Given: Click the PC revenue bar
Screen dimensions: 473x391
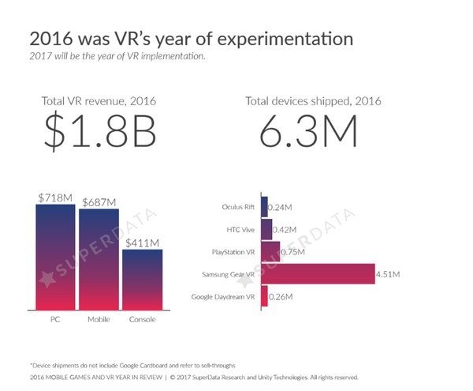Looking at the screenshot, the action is pos(55,258).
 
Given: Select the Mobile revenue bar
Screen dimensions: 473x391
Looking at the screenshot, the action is pos(99,259).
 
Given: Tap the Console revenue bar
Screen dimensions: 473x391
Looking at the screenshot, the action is pos(143,280).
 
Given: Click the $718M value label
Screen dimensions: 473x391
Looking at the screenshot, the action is pos(55,198).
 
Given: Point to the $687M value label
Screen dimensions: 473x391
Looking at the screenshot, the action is pos(99,202).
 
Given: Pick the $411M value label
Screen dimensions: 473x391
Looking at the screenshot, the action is pos(143,243).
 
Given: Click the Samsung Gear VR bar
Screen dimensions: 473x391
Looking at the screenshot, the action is pos(318,274).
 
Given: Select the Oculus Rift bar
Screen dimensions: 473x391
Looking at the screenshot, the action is pos(265,207).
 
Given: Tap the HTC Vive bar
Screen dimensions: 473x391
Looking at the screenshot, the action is pos(266,229).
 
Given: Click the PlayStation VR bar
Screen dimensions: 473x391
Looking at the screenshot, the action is pos(270,252).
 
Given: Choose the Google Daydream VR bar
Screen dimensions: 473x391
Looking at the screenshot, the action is pos(265,296).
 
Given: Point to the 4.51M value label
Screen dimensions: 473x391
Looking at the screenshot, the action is pos(388,274).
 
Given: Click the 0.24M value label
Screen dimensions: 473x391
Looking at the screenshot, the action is pos(280,207).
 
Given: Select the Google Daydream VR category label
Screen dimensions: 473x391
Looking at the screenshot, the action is pos(223,297).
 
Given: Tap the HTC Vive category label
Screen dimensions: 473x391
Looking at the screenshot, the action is pos(240,230).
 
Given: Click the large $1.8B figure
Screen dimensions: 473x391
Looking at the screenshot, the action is pos(100,130).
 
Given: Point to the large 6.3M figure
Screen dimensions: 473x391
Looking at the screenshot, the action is pos(308,131).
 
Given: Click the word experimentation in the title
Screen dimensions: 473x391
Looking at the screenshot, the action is pos(285,39).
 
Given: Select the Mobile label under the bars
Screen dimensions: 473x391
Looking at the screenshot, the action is pos(99,319).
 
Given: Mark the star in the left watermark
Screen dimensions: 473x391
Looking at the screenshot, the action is pos(47,279).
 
